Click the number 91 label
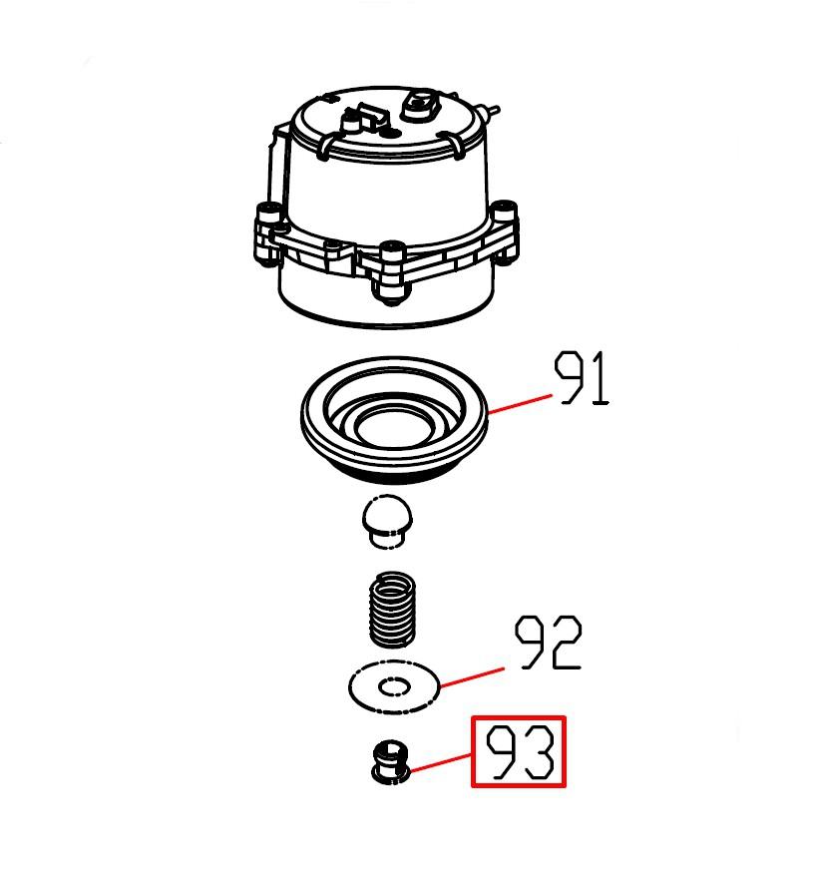[x=582, y=378]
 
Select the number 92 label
[x=549, y=644]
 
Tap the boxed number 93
[x=519, y=752]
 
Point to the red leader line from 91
[x=520, y=404]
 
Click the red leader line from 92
[x=472, y=677]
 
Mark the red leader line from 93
[x=441, y=764]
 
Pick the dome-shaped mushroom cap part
[x=388, y=522]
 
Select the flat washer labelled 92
[x=394, y=686]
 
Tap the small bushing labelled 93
[x=392, y=761]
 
